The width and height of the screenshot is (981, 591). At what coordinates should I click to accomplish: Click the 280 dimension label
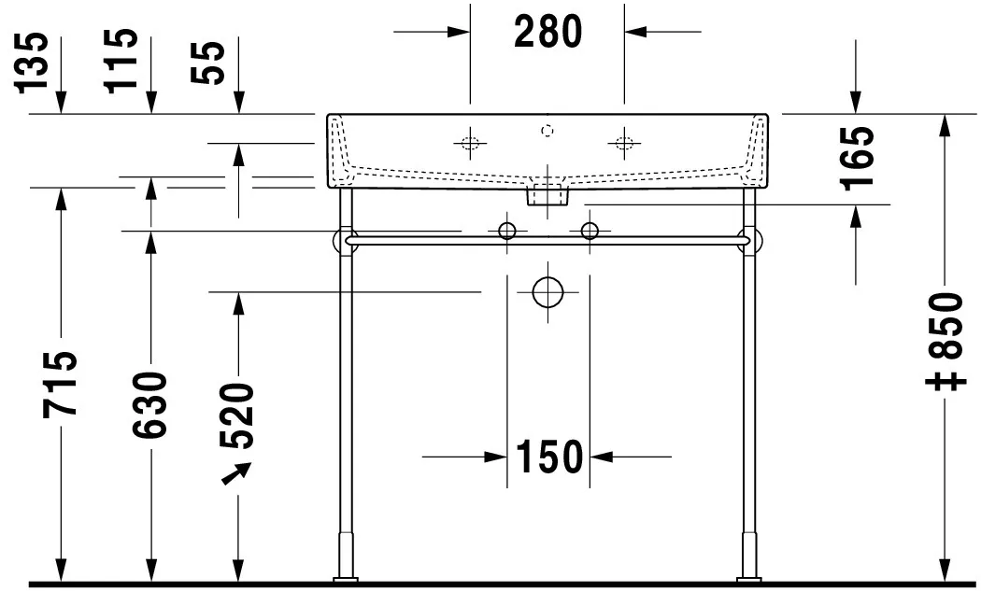click(548, 32)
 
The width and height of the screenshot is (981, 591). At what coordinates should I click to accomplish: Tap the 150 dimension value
click(548, 457)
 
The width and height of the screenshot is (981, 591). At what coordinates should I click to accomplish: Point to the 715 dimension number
click(60, 385)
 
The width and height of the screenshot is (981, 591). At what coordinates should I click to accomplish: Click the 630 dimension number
click(150, 404)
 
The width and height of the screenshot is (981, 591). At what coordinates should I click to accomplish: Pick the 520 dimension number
click(237, 415)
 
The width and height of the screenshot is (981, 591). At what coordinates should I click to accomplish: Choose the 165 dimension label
click(857, 159)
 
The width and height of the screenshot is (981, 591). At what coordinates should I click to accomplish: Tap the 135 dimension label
click(31, 63)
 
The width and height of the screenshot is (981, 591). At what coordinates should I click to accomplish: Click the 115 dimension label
click(121, 62)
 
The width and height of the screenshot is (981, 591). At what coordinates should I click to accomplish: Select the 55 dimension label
click(207, 63)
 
